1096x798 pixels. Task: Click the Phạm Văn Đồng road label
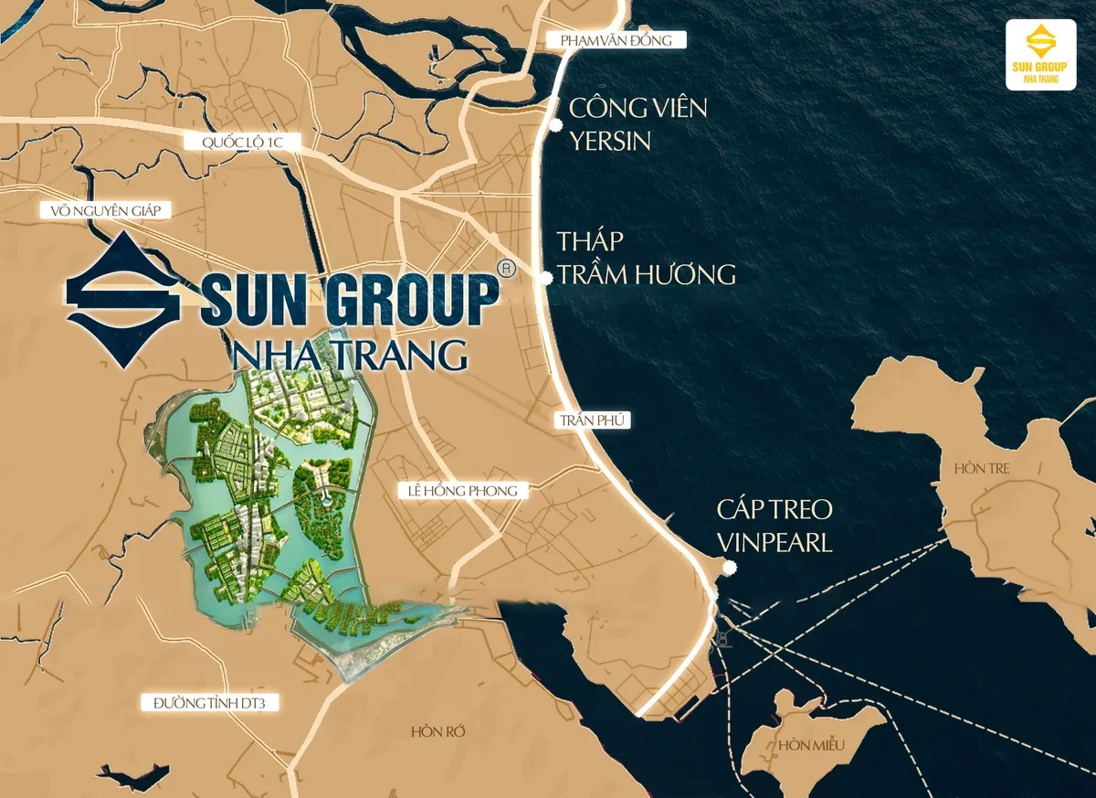[x=616, y=40]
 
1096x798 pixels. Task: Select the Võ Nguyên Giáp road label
[x=106, y=211]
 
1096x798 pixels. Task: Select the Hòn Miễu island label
[x=812, y=746]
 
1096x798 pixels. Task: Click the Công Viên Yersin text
[x=638, y=123]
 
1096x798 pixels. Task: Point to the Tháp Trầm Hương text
[x=646, y=258]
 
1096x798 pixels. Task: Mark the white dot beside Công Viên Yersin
[x=554, y=124]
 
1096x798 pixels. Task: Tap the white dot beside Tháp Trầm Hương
[x=546, y=278]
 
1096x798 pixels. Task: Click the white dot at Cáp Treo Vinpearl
[x=728, y=568]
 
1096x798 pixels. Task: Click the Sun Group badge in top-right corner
[x=1040, y=54]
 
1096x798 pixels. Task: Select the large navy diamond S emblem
[x=124, y=299]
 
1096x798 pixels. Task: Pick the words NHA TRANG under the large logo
[x=350, y=354]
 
